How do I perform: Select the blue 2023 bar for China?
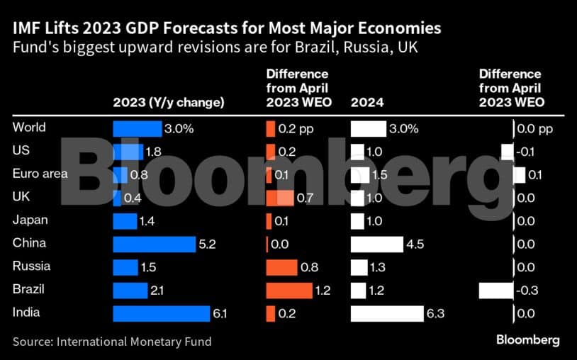(x=154, y=244)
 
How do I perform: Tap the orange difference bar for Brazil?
(x=288, y=291)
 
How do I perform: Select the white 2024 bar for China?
(x=376, y=244)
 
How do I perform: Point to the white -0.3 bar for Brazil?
(x=495, y=291)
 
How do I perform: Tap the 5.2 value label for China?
(x=208, y=244)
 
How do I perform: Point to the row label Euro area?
(x=40, y=174)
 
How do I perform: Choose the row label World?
(x=29, y=128)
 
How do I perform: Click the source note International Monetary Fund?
(x=112, y=342)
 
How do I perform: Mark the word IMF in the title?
(x=27, y=29)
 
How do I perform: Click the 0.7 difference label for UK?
(x=306, y=198)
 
